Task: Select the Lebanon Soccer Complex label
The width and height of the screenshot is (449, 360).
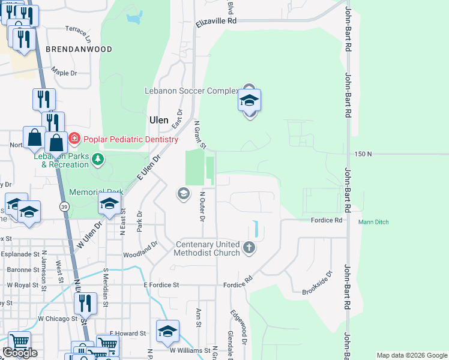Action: [191, 91]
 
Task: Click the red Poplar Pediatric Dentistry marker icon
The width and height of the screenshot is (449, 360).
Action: [74, 139]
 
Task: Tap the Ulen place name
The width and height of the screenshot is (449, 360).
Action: [158, 120]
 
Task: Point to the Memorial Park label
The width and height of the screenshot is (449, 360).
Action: [96, 193]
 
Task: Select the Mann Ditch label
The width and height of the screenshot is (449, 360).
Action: [373, 222]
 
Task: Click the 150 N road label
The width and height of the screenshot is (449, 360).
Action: [363, 154]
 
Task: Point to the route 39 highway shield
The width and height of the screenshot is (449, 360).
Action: [65, 206]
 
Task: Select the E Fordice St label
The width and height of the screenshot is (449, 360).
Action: [162, 285]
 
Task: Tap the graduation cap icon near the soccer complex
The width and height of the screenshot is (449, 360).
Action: [249, 101]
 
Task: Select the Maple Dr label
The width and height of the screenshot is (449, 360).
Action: [64, 73]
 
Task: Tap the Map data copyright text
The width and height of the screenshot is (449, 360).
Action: [412, 355]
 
